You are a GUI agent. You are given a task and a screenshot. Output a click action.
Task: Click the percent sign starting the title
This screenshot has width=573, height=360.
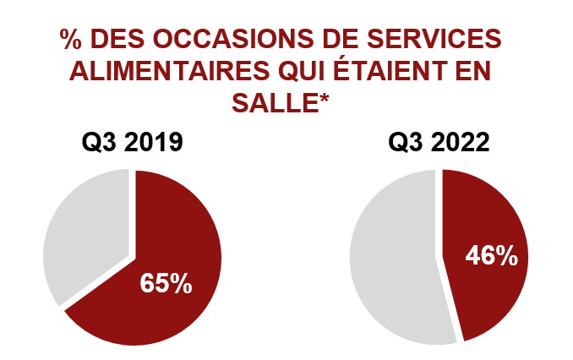coord(71,40)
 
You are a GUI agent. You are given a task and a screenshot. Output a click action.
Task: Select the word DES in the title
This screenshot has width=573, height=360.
coord(117,40)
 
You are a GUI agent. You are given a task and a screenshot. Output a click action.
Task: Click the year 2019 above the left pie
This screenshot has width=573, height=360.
coord(154,141)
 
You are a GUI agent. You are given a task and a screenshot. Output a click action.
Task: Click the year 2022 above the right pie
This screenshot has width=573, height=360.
coord(460,141)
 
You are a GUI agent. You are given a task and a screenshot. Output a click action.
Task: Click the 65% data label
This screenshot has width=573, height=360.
coord(166,282)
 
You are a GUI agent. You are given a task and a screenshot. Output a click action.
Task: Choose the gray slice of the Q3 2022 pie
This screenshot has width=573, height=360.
coord(389,262)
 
